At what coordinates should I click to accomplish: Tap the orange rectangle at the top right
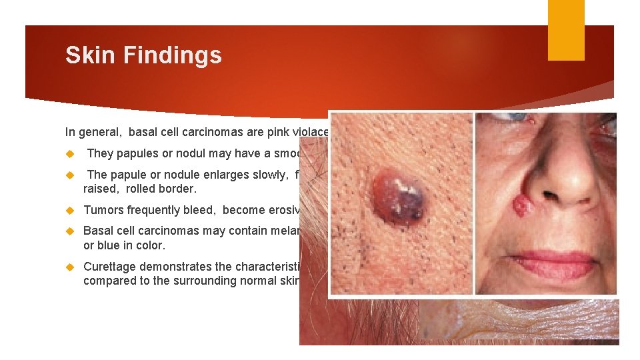pyautogui.click(x=566, y=30)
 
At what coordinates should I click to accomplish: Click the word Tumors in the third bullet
pyautogui.click(x=103, y=210)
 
